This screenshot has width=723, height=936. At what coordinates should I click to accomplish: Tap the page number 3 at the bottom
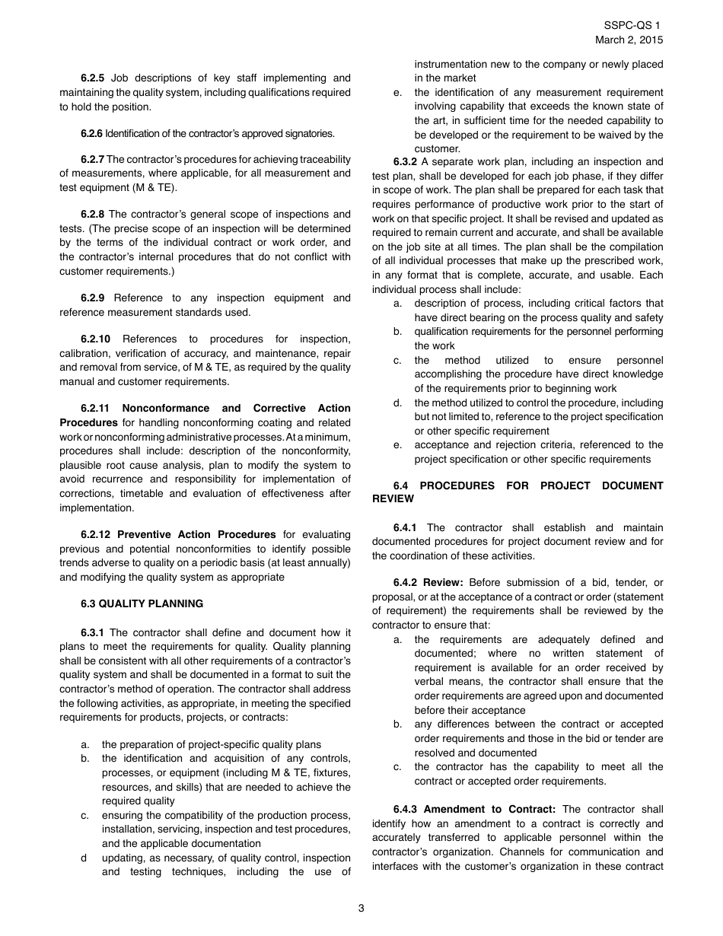point(361,907)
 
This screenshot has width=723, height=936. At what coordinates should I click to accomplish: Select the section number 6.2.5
point(95,78)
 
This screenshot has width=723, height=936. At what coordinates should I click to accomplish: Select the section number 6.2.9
point(95,298)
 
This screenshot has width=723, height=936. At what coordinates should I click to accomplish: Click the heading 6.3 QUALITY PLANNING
point(142,603)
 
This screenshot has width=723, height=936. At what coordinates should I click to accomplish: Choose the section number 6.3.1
point(95,632)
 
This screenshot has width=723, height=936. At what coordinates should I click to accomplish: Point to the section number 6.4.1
point(408,527)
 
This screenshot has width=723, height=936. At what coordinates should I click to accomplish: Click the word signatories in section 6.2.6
point(307,133)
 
